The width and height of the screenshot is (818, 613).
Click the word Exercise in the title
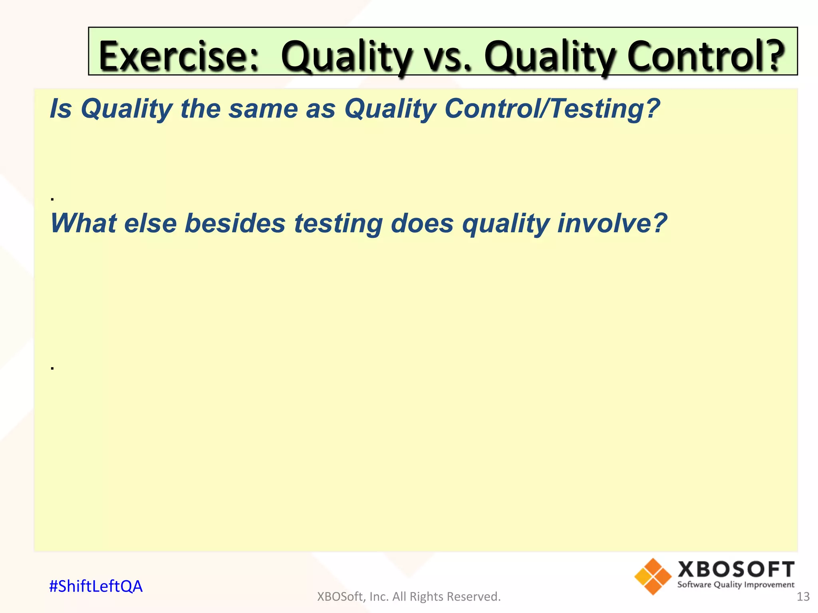click(179, 55)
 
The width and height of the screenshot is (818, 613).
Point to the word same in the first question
click(263, 109)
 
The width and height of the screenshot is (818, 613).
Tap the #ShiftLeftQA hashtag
click(95, 586)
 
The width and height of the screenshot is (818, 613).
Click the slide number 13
click(803, 597)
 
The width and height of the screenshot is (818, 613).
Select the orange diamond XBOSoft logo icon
click(653, 577)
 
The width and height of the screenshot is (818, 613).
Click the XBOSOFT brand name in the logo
click(736, 569)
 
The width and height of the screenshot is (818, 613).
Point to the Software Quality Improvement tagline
click(736, 585)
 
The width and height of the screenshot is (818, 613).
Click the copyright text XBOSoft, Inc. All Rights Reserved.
click(409, 597)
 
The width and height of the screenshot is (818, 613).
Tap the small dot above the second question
click(52, 198)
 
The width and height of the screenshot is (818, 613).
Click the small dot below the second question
click(52, 368)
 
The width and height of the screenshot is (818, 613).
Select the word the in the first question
click(200, 109)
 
